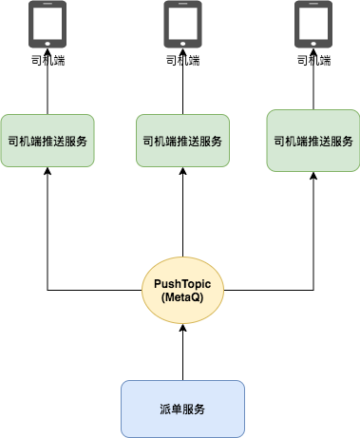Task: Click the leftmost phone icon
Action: [x=47, y=24]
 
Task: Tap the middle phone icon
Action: [x=182, y=24]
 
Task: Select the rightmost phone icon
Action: [x=314, y=24]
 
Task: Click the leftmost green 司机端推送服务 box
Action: [x=47, y=141]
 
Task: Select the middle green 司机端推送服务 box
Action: [x=182, y=141]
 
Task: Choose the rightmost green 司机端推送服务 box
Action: [x=314, y=141]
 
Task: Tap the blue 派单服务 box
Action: [x=182, y=408]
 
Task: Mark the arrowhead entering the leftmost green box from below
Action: [x=47, y=174]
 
